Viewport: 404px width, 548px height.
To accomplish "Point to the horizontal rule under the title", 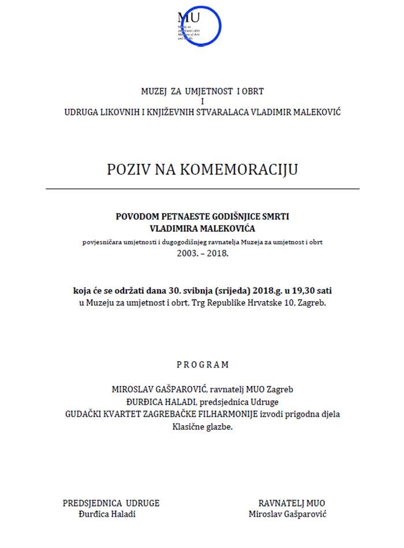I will click(202, 189).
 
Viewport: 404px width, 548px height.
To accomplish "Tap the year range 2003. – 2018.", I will click(202, 252).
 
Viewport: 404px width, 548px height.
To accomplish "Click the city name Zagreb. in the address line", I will click(312, 301).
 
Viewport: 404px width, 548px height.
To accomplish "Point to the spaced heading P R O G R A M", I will click(202, 365).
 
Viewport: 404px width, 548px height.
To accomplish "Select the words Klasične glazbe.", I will click(202, 427).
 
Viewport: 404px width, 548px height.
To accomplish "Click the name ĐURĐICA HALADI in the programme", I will click(156, 402).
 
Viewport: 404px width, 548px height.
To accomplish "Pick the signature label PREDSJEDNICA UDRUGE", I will click(111, 503).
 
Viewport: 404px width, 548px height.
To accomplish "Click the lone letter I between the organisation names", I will click(202, 102).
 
